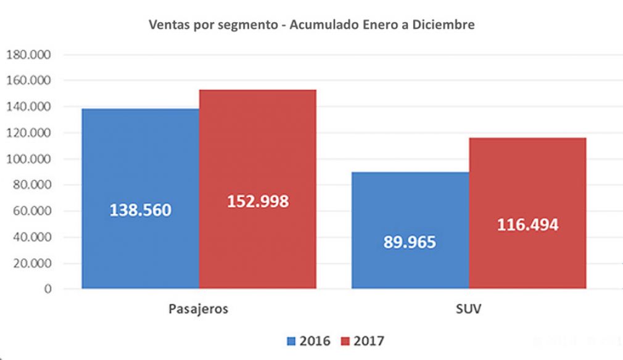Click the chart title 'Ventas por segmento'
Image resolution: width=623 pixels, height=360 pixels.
[311, 25]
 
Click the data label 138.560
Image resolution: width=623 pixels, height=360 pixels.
[141, 210]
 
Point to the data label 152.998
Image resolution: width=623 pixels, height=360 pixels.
[258, 202]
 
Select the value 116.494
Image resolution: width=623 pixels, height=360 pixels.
[527, 225]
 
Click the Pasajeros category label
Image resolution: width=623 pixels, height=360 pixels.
[198, 309]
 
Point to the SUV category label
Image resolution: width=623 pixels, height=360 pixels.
[468, 309]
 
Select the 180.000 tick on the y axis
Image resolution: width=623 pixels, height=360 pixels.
[31, 55]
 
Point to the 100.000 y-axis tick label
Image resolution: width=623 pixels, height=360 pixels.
[31, 159]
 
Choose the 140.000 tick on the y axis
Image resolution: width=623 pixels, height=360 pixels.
[31, 107]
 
